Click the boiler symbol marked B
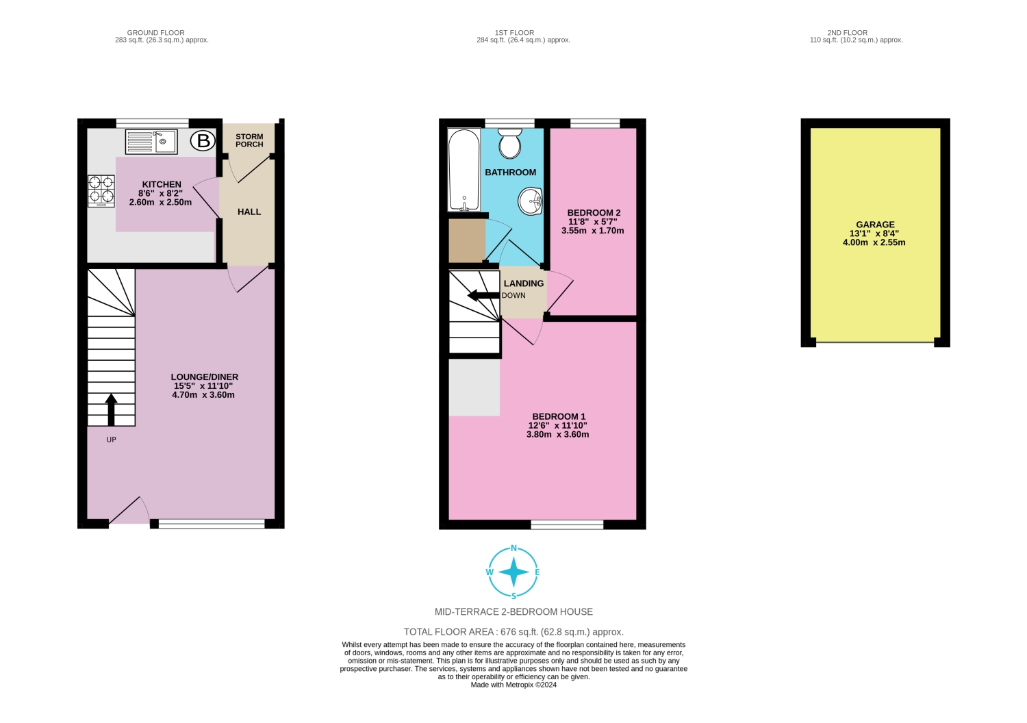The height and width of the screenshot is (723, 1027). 203,142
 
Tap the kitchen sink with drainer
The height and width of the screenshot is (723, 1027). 151,142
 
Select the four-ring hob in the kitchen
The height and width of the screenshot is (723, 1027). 101,191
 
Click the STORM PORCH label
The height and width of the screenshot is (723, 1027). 249,140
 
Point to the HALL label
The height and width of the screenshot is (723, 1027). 249,212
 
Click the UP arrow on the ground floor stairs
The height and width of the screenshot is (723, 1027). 111,409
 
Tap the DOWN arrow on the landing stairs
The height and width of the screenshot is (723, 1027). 483,295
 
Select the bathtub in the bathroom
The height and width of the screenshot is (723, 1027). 464,170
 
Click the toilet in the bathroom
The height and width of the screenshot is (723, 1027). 510,143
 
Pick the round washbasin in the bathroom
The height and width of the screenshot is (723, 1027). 531,201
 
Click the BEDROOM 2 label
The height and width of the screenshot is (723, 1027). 594,213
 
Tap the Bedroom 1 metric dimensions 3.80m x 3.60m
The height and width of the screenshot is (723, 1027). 557,434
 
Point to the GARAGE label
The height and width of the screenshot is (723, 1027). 875,225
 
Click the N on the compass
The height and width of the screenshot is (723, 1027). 513,548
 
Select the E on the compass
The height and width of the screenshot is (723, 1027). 537,572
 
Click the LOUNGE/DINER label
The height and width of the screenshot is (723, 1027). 204,377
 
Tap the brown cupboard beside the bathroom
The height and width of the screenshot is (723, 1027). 466,240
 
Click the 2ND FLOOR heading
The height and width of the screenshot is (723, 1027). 847,32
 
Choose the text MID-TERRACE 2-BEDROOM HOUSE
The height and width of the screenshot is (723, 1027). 513,611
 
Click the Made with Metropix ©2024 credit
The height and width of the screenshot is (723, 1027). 513,685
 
